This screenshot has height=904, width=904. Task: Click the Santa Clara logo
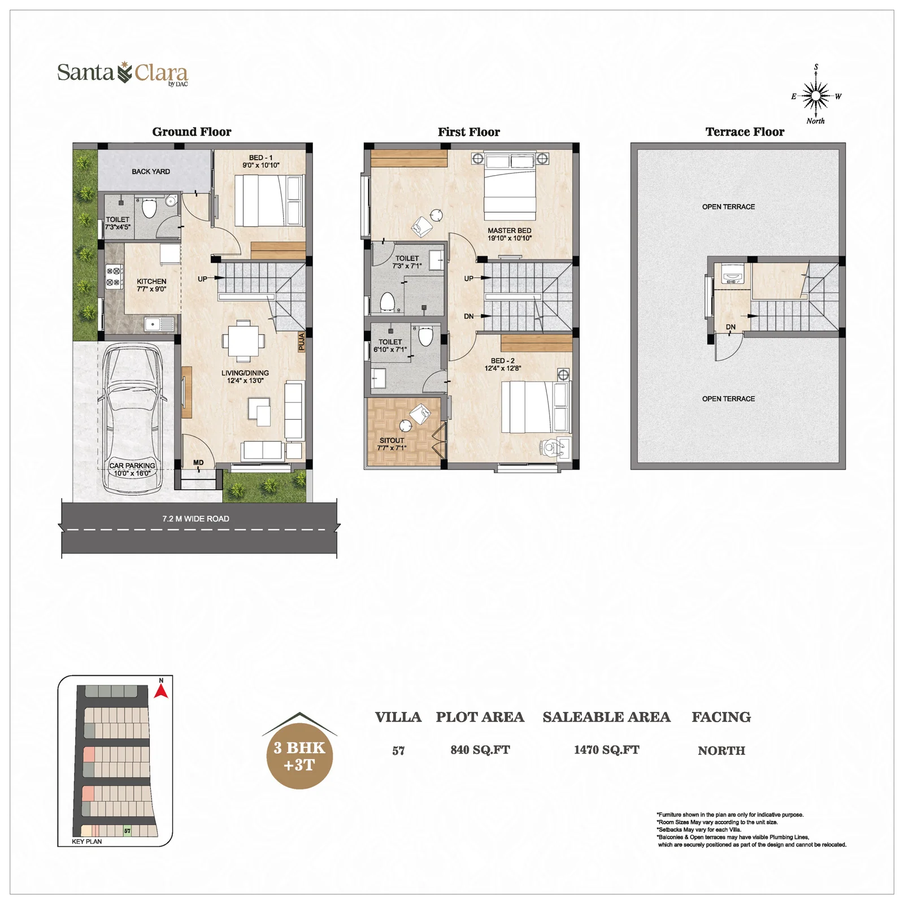coord(123,73)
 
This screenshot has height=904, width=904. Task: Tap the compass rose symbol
coord(816,96)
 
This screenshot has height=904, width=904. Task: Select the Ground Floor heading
coord(192,132)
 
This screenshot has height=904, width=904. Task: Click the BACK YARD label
coord(151,171)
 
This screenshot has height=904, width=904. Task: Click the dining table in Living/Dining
coord(244,341)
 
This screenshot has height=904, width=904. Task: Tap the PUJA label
coord(302,342)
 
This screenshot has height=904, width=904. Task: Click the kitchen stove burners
coord(114,277)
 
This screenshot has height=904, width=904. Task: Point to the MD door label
coord(198,463)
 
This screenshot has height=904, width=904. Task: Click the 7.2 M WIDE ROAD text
coord(195,519)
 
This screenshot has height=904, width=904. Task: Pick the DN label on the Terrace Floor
coord(731,327)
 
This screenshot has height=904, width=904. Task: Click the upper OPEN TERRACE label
coord(728,207)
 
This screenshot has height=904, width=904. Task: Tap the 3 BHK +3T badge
coord(299,751)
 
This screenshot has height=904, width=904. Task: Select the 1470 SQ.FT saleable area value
coord(606,750)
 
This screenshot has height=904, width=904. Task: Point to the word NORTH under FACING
coord(721,750)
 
